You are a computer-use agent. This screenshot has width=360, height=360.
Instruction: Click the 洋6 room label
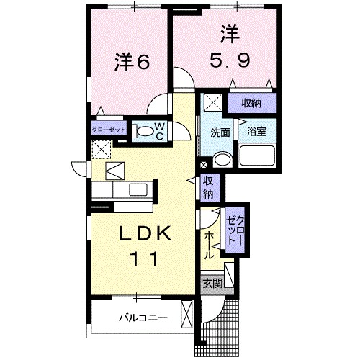click(132, 63)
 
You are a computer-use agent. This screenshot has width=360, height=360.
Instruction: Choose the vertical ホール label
click(209, 246)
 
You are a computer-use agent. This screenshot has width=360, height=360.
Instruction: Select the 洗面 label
click(220, 132)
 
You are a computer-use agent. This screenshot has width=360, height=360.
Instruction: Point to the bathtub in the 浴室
click(258, 156)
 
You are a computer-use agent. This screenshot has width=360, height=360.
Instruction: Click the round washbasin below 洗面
click(222, 160)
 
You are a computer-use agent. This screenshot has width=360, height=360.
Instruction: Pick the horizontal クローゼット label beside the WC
click(109, 130)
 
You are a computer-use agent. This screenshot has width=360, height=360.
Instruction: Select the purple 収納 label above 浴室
click(251, 102)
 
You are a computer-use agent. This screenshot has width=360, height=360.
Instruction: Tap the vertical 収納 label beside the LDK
click(207, 186)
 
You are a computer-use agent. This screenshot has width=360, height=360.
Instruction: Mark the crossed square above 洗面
click(213, 102)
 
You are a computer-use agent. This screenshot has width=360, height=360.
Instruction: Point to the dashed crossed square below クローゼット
click(101, 150)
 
